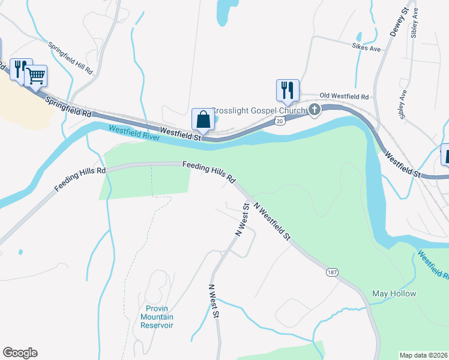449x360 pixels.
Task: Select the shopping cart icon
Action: (x=36, y=76)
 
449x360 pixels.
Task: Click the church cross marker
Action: (x=314, y=109)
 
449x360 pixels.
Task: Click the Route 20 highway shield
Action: (x=280, y=121)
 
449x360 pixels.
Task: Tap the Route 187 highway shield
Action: (x=332, y=272)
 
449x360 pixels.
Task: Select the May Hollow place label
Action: (x=394, y=293)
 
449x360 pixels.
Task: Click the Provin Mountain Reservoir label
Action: (x=157, y=317)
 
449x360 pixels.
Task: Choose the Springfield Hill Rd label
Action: (x=71, y=57)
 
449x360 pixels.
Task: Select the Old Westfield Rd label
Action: (x=344, y=96)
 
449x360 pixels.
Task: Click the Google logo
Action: (x=20, y=353)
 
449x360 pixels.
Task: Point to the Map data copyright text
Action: (x=424, y=355)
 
